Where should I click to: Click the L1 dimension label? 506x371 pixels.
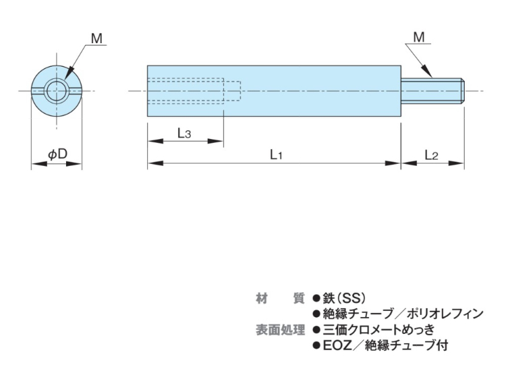pyautogui.click(x=275, y=154)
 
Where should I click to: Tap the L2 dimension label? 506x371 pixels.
pyautogui.click(x=432, y=154)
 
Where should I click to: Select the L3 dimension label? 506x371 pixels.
pyautogui.click(x=184, y=133)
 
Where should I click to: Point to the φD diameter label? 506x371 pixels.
pyautogui.click(x=57, y=154)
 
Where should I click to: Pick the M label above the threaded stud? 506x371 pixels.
pyautogui.click(x=419, y=38)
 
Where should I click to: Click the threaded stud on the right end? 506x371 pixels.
pyautogui.click(x=432, y=91)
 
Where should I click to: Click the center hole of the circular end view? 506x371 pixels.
pyautogui.click(x=57, y=90)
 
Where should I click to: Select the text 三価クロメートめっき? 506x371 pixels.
pyautogui.click(x=378, y=330)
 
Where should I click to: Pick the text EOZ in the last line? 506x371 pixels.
pyautogui.click(x=337, y=346)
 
